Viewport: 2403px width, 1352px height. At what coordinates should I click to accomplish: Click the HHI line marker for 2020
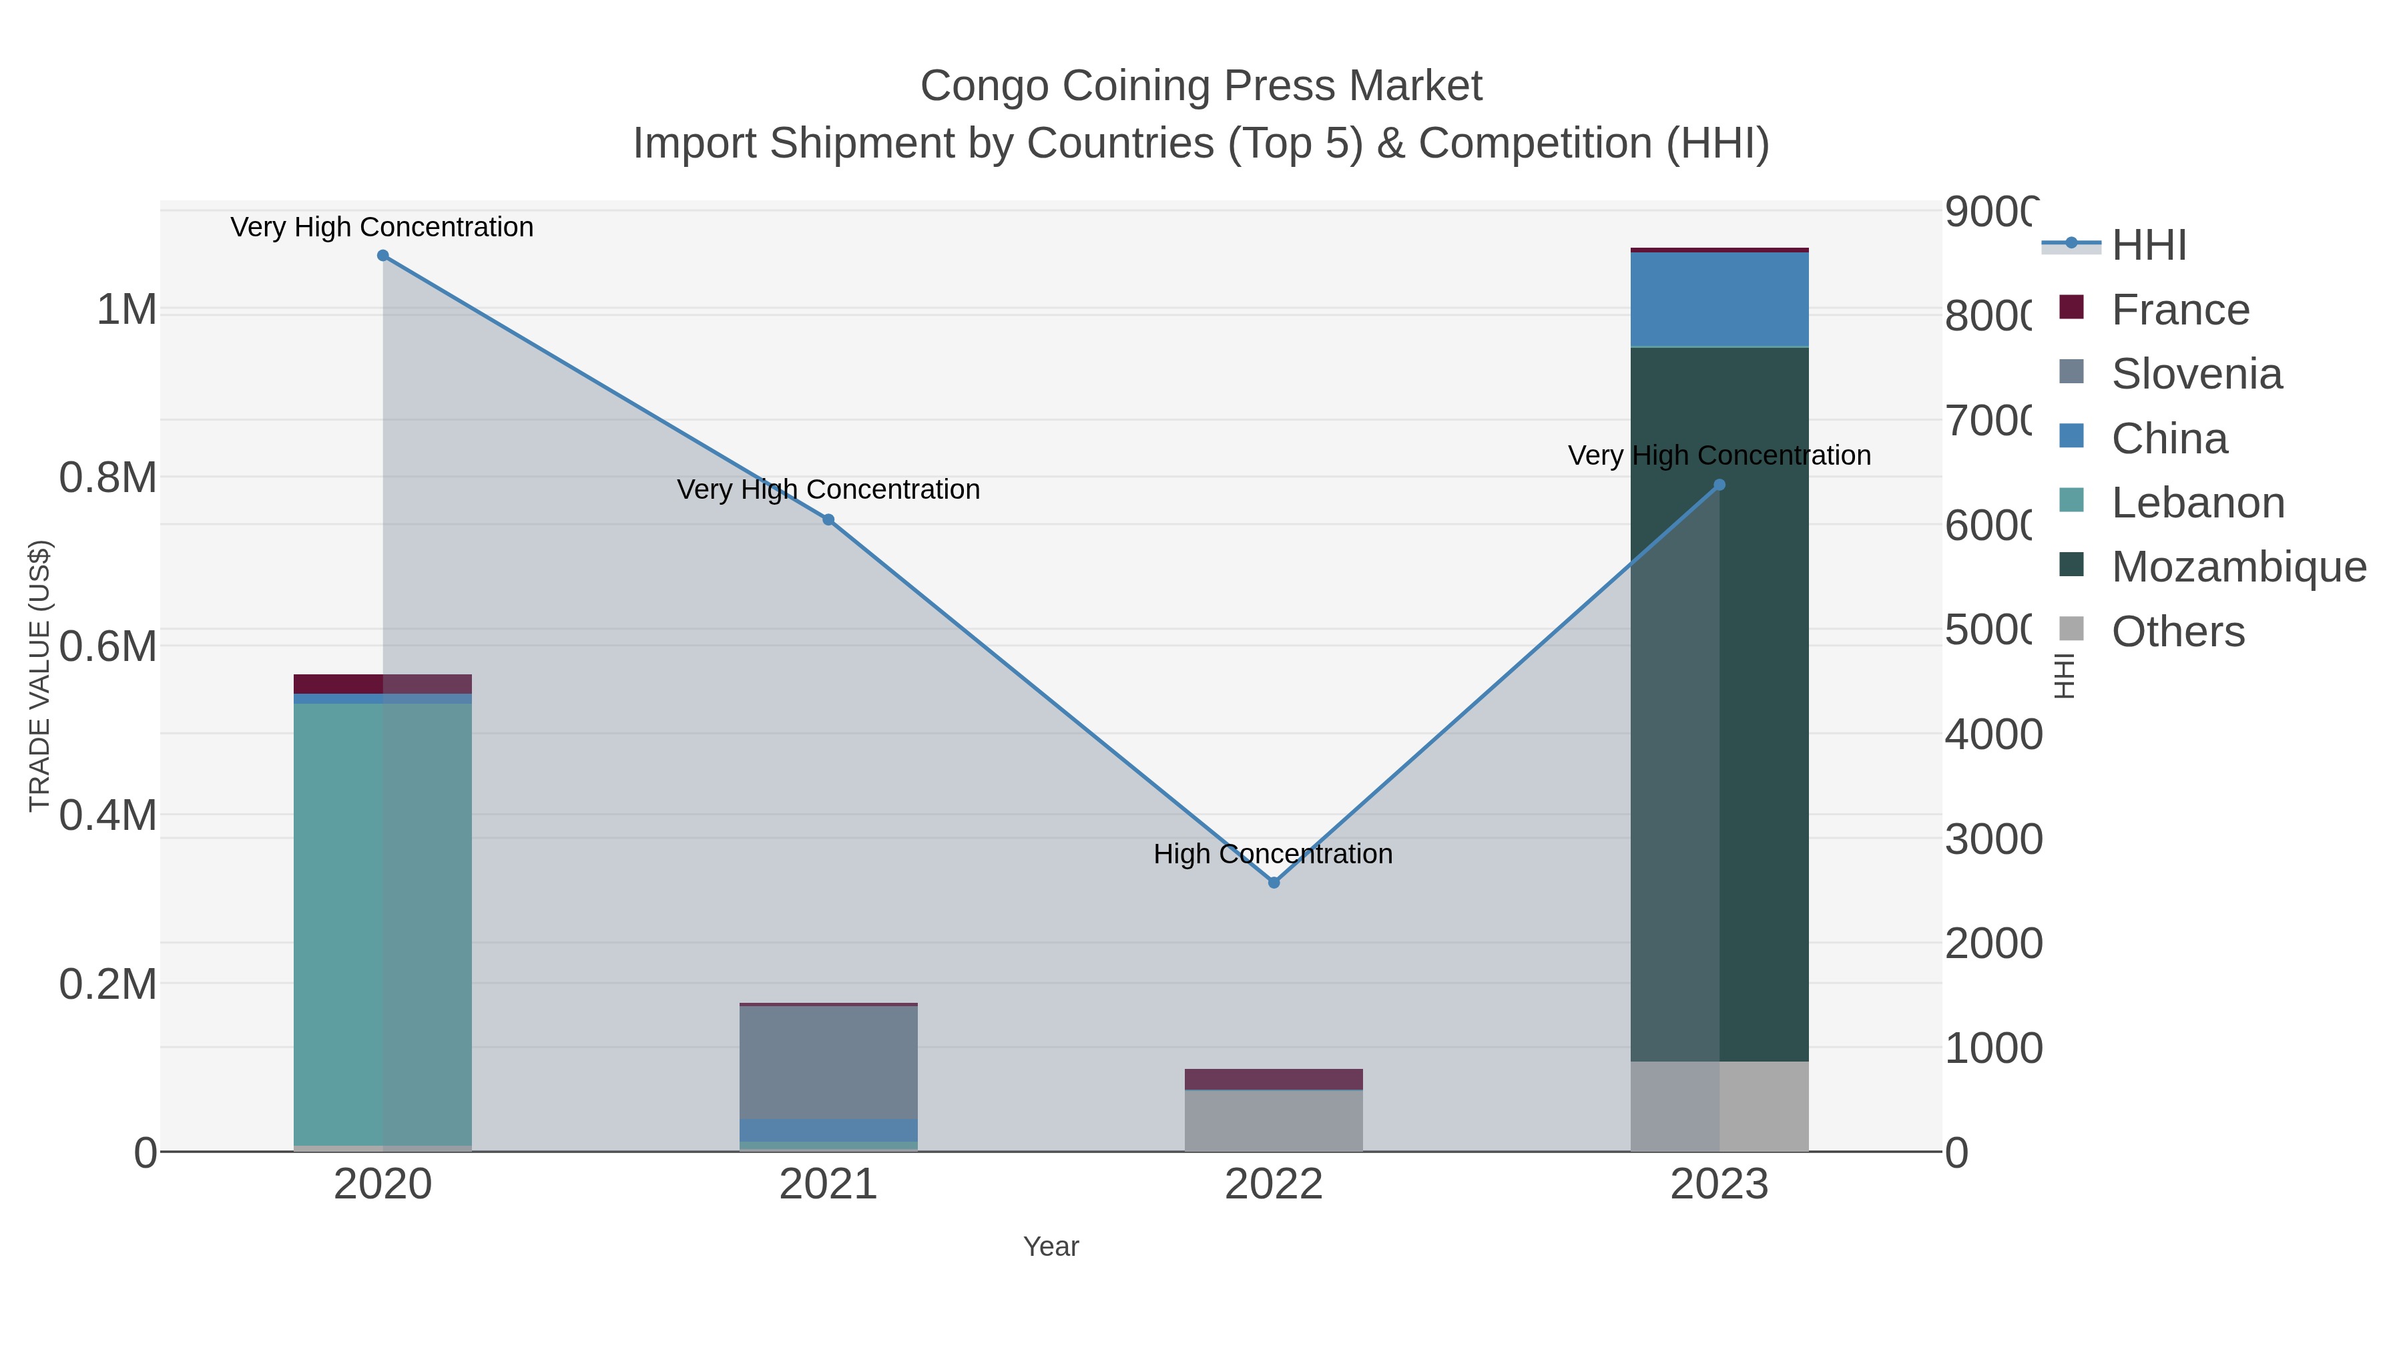click(x=382, y=256)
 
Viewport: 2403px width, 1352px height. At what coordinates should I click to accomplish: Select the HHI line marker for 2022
click(x=1274, y=883)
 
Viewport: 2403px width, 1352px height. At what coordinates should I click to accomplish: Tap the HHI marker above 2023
click(x=1720, y=485)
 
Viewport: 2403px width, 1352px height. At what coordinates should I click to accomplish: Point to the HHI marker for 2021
click(x=828, y=519)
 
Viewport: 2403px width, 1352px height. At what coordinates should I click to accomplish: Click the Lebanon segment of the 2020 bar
click(x=382, y=924)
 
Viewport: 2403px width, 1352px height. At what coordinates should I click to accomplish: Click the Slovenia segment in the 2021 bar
click(x=828, y=1062)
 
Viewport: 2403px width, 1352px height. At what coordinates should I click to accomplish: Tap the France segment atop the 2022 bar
click(x=1274, y=1079)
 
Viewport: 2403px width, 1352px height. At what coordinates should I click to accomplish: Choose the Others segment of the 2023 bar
click(x=1719, y=1106)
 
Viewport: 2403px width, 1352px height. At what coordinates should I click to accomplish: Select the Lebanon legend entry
click(x=2197, y=503)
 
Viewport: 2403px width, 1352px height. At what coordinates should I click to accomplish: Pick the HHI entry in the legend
click(x=2148, y=246)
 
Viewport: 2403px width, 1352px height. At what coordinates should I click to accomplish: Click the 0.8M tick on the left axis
click(x=108, y=478)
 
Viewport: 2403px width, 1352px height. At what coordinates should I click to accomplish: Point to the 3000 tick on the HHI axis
click(x=1992, y=839)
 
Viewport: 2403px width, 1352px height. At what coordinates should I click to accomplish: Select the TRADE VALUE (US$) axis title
click(x=39, y=676)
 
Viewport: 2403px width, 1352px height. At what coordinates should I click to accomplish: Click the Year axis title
click(x=1051, y=1247)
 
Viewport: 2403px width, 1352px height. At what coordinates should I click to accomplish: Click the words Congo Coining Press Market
click(x=1201, y=86)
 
